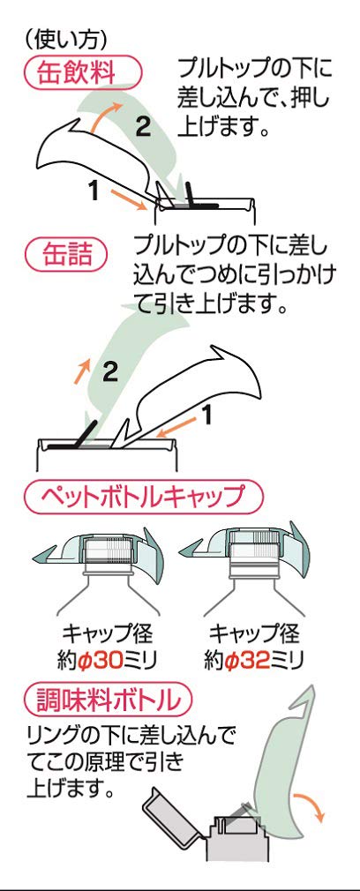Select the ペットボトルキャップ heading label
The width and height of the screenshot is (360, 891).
143,497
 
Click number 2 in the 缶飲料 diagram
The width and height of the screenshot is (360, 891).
143,126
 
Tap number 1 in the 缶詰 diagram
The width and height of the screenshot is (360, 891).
207,416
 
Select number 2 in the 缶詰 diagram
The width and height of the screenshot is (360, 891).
110,372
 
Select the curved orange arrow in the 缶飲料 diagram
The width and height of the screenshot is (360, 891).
107,117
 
